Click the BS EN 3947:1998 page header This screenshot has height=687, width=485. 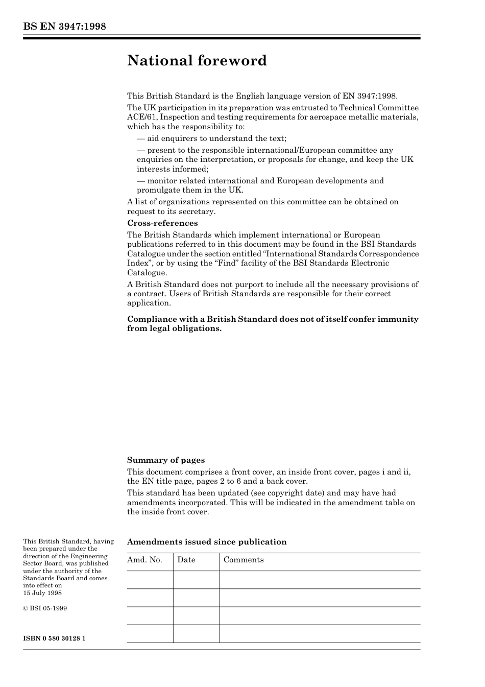(x=64, y=27)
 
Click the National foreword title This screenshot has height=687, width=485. (x=197, y=61)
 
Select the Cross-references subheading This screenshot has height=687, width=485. (x=162, y=223)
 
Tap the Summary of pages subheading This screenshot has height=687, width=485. (x=166, y=460)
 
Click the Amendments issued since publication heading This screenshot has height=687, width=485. (x=207, y=542)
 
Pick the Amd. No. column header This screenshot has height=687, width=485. (x=144, y=560)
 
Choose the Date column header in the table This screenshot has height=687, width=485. (x=186, y=560)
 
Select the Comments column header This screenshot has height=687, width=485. (x=244, y=560)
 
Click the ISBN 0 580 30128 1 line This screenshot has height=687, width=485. (x=54, y=638)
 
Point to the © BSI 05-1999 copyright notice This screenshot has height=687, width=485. (x=45, y=608)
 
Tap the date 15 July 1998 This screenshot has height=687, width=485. (x=42, y=593)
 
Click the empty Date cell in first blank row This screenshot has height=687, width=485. (x=196, y=580)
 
